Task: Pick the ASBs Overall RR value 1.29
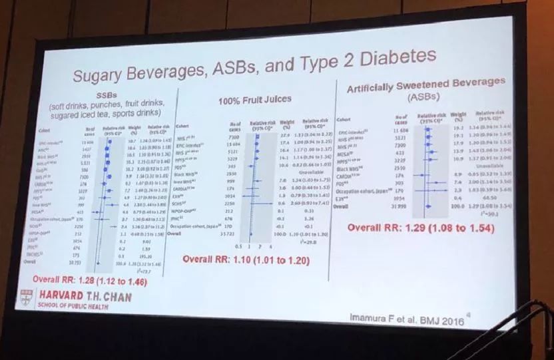pyautogui.click(x=421, y=229)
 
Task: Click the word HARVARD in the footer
pyautogui.click(x=62, y=293)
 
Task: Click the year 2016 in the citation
pyautogui.click(x=453, y=319)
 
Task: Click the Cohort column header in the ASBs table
pyautogui.click(x=345, y=119)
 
